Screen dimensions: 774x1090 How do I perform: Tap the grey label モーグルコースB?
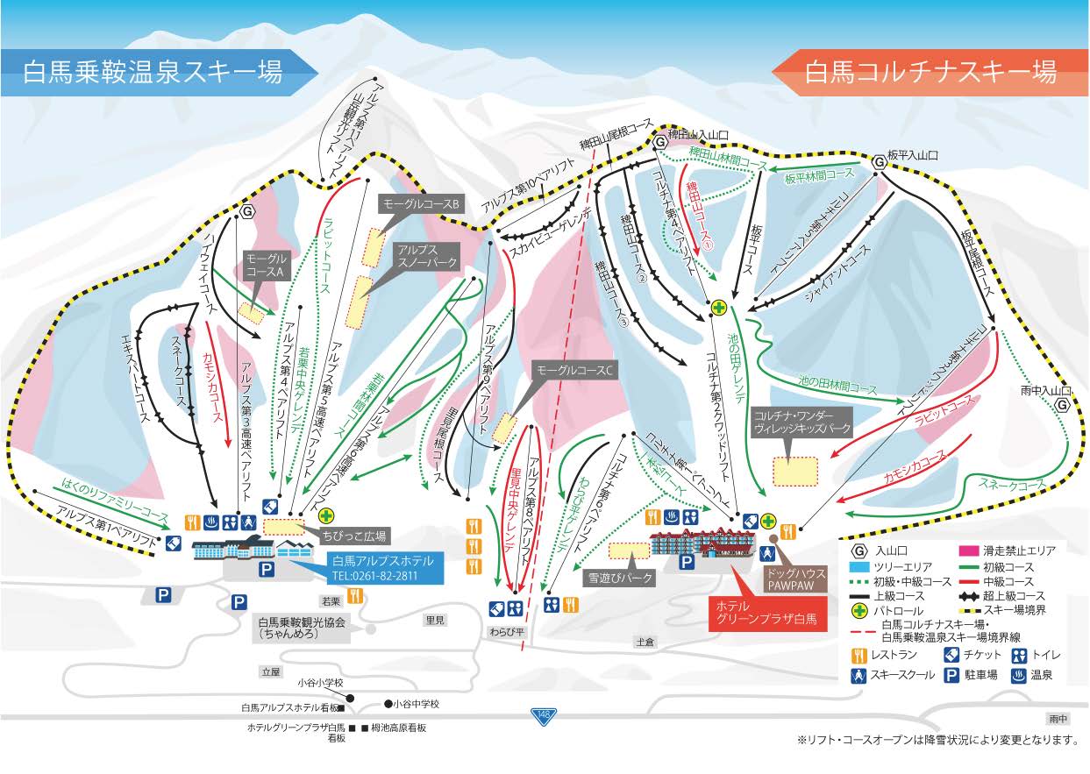tap(420, 204)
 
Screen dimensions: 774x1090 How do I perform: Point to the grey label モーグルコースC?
tap(576, 371)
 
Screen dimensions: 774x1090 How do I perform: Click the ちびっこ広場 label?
tap(355, 535)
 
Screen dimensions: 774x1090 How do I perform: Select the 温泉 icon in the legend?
tap(1019, 676)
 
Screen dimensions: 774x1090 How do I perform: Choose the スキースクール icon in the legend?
tap(860, 676)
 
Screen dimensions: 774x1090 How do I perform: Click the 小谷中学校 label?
tap(415, 704)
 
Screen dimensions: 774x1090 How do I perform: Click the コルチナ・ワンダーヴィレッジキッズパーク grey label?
tap(797, 420)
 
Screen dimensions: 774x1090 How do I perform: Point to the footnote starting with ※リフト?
tap(937, 740)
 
